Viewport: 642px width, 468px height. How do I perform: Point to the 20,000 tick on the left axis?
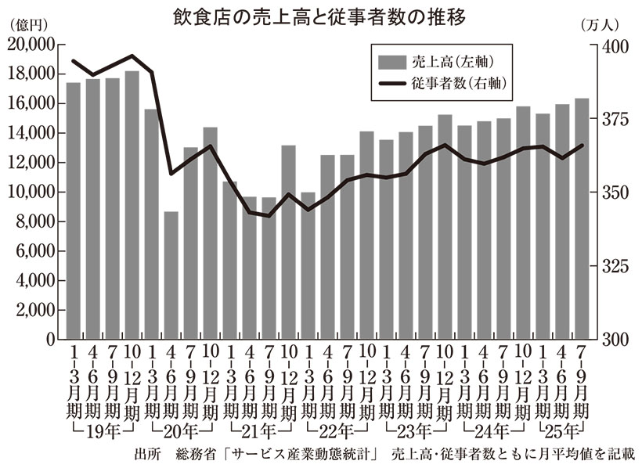(32, 45)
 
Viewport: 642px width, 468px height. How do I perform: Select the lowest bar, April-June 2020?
(171, 275)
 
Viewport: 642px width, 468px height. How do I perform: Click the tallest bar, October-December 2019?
(132, 205)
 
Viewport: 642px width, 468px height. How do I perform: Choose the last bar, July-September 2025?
(582, 219)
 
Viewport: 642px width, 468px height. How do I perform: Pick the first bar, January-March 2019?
(74, 211)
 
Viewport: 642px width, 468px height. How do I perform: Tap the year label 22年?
(337, 431)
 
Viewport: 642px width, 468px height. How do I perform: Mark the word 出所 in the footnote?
(147, 454)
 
